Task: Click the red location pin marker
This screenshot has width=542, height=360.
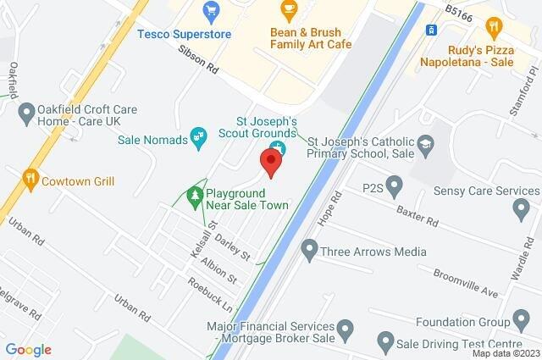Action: [271, 162]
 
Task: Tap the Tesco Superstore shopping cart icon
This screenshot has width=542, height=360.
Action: [211, 12]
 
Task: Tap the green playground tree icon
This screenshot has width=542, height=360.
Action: [196, 197]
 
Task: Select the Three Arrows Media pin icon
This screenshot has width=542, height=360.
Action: [309, 250]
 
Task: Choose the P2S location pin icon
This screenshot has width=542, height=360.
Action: [394, 186]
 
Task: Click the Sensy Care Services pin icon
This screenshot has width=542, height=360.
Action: [520, 208]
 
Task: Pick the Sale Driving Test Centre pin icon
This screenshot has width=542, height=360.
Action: [385, 343]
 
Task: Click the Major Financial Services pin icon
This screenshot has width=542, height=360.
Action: [345, 328]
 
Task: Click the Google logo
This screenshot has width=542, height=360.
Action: [28, 349]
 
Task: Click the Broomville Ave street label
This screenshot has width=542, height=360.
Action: [465, 283]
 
